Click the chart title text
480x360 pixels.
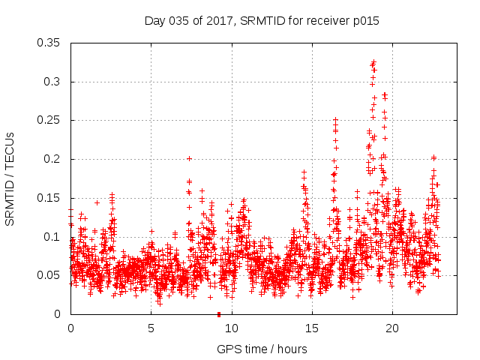point(262,21)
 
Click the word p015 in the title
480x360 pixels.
point(364,21)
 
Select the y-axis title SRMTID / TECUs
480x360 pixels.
point(10,178)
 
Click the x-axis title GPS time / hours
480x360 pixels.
point(262,349)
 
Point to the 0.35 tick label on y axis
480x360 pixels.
point(50,43)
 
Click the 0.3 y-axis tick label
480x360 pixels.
point(53,82)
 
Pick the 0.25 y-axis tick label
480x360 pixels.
point(50,120)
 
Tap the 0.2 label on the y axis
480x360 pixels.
point(53,159)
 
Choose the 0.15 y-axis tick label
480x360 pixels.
point(50,198)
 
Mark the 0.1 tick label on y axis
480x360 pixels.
point(53,236)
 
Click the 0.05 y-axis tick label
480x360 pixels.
point(50,275)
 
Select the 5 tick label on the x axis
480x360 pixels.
point(151,328)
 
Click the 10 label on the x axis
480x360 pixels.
point(232,328)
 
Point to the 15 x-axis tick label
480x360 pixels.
point(312,328)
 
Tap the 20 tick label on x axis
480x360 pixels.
point(392,328)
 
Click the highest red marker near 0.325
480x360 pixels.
point(373,62)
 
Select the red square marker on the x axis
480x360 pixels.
point(218,314)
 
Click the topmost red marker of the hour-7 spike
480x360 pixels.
point(189,158)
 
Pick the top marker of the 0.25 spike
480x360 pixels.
point(335,119)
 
